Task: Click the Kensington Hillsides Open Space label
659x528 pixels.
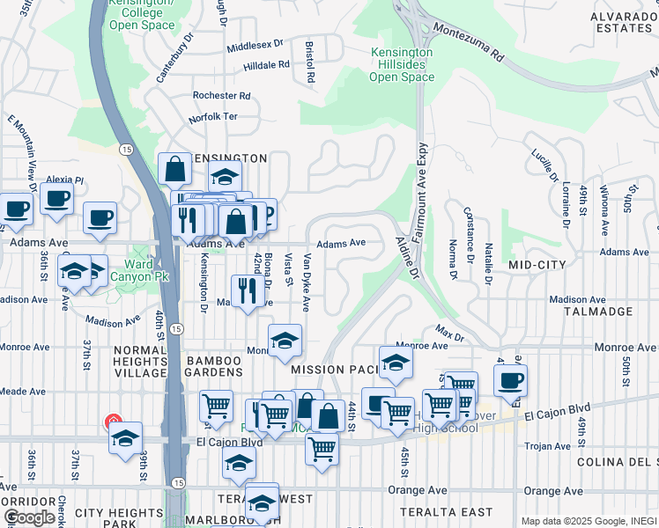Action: click(x=402, y=65)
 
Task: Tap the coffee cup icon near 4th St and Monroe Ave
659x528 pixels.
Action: click(x=510, y=380)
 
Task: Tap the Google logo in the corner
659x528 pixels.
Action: click(x=29, y=517)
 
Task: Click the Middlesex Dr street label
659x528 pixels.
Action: click(x=255, y=44)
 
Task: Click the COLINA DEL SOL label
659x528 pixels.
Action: click(x=617, y=462)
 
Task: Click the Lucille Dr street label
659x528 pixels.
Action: click(x=544, y=165)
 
